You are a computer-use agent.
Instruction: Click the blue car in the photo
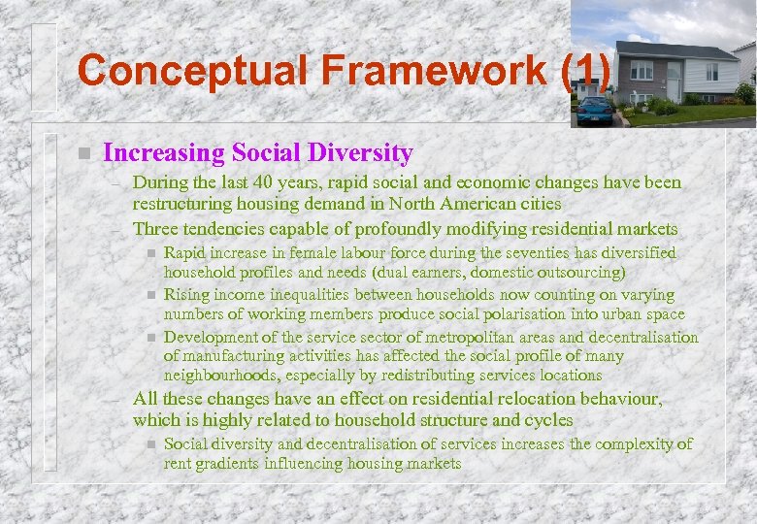pyautogui.click(x=595, y=109)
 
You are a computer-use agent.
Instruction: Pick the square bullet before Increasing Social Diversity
pyautogui.click(x=84, y=153)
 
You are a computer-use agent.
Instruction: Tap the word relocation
pyautogui.click(x=501, y=399)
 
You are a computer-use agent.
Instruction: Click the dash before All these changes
pyautogui.click(x=118, y=399)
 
